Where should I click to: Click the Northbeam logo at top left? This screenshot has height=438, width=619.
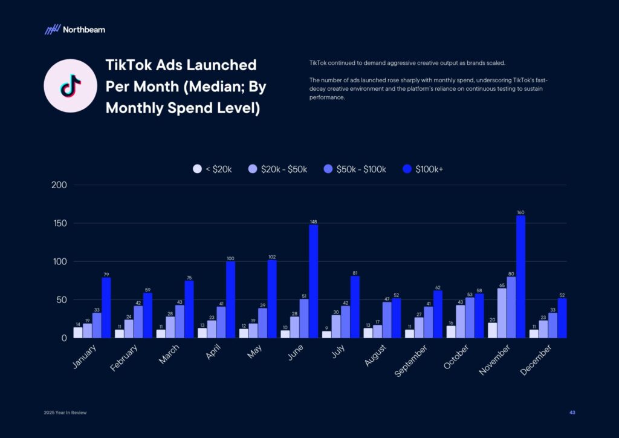[74, 29]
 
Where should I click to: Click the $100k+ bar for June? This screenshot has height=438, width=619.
[313, 281]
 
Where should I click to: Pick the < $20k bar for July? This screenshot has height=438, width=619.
[326, 335]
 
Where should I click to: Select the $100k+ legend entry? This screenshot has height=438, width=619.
[423, 169]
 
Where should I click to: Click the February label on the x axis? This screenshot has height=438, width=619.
[123, 358]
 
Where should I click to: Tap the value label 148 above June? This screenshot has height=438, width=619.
[313, 221]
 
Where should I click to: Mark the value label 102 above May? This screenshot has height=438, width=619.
[271, 257]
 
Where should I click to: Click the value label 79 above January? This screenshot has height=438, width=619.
[106, 274]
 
